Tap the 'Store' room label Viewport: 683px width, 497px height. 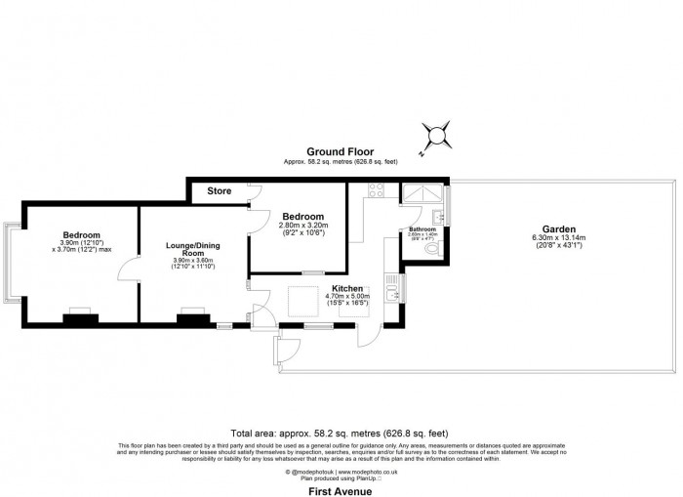tap(220, 190)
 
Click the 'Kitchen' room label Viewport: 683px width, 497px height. tap(347, 289)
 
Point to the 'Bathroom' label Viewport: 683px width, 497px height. tap(422, 228)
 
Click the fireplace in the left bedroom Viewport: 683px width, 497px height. tap(78, 314)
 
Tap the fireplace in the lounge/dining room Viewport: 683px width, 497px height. tap(191, 314)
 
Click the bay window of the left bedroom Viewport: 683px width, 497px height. tap(13, 260)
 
